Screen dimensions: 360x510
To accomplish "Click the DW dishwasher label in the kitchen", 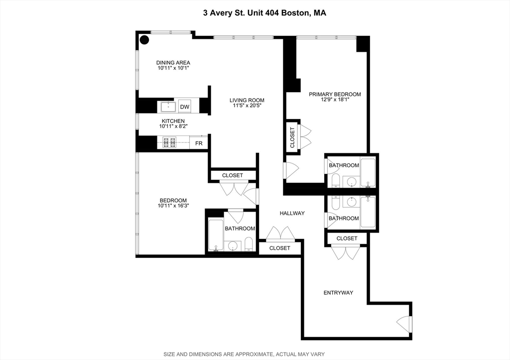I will coord(185,107).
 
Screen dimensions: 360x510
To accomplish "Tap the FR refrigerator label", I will coord(199,143).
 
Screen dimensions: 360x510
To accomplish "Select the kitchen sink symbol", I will coord(168,107).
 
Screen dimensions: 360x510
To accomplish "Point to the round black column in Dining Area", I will coord(144,39).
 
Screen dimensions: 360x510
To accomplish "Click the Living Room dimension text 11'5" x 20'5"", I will coord(247,106).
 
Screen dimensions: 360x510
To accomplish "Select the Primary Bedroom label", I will coord(335,94).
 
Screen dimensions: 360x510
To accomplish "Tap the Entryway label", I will coord(338,293).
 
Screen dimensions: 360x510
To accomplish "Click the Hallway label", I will coord(292,213).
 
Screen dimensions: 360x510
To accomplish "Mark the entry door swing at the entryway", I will coord(404,323).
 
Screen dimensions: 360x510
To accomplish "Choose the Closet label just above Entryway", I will coord(347,239).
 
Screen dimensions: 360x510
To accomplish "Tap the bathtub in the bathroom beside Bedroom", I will coord(215,235).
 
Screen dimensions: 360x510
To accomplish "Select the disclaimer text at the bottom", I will coord(255,355).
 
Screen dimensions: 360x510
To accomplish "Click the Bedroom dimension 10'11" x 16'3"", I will coord(173,206).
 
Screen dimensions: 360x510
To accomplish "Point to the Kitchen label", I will coord(173,121).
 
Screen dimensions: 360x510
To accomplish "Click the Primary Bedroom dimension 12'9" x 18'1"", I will coord(335,100).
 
